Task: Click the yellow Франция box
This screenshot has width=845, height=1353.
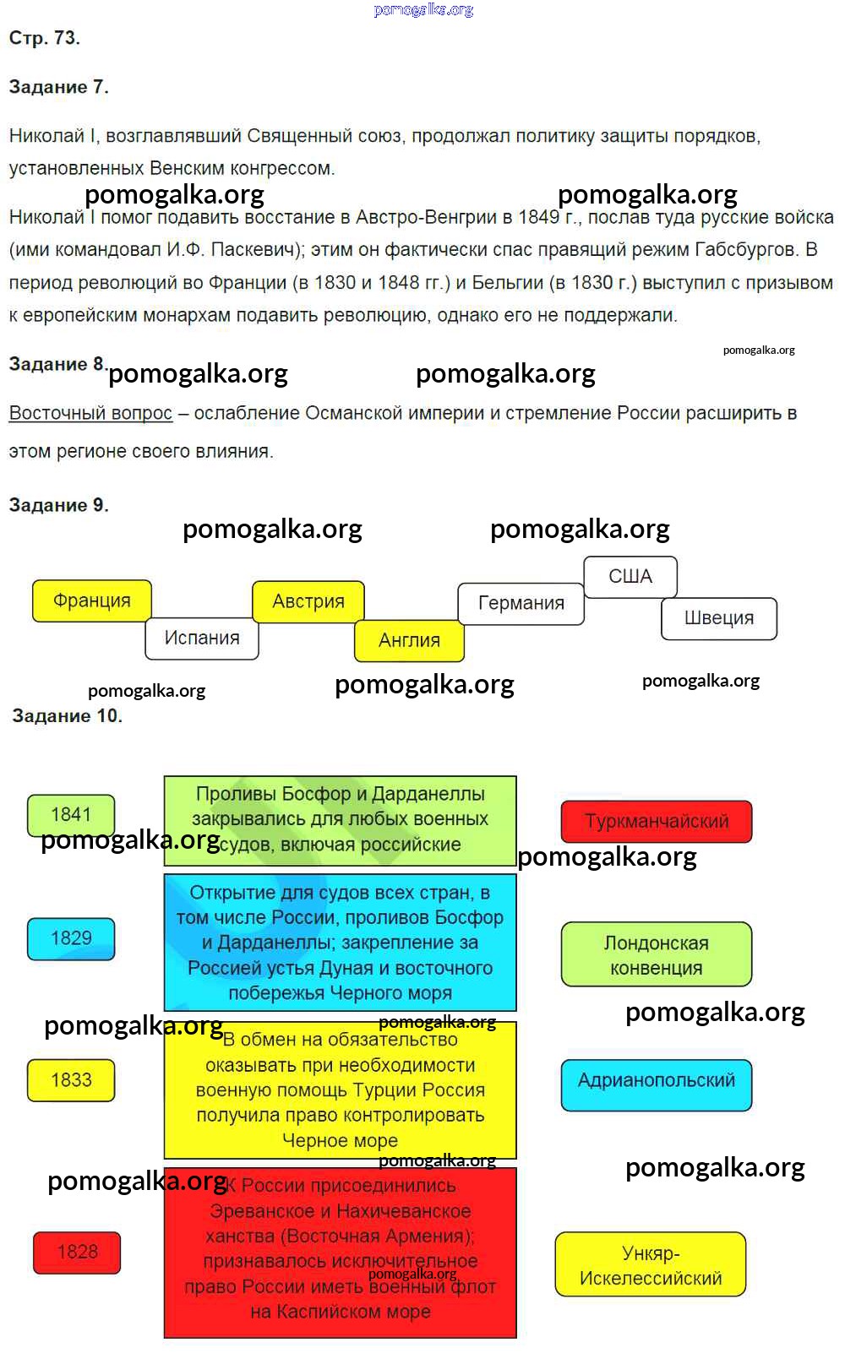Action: tap(92, 600)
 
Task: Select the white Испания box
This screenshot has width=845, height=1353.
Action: tap(202, 638)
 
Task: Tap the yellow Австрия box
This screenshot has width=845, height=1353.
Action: tap(308, 601)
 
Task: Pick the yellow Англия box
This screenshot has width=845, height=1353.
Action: tap(409, 640)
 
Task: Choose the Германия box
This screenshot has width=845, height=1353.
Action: tap(521, 603)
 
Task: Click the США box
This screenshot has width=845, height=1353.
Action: tap(630, 577)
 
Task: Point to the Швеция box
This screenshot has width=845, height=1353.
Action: tap(718, 618)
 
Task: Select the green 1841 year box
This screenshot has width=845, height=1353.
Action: tap(71, 814)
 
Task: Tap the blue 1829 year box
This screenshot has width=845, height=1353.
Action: tap(71, 938)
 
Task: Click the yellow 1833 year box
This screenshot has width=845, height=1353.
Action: tap(71, 1080)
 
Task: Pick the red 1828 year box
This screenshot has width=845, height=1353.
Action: tap(77, 1252)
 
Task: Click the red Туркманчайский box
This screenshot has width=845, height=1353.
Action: tap(657, 822)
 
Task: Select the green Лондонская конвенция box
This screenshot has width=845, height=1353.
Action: tap(657, 955)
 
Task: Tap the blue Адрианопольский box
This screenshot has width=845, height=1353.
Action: tap(657, 1081)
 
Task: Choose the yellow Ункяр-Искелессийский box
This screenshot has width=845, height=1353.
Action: tap(651, 1265)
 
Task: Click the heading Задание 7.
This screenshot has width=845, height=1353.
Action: tap(58, 87)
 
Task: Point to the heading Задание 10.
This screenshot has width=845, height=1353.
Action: tap(67, 716)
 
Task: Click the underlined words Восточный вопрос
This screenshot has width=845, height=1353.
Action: tap(90, 414)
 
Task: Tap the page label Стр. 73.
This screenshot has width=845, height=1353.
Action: tap(44, 38)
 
